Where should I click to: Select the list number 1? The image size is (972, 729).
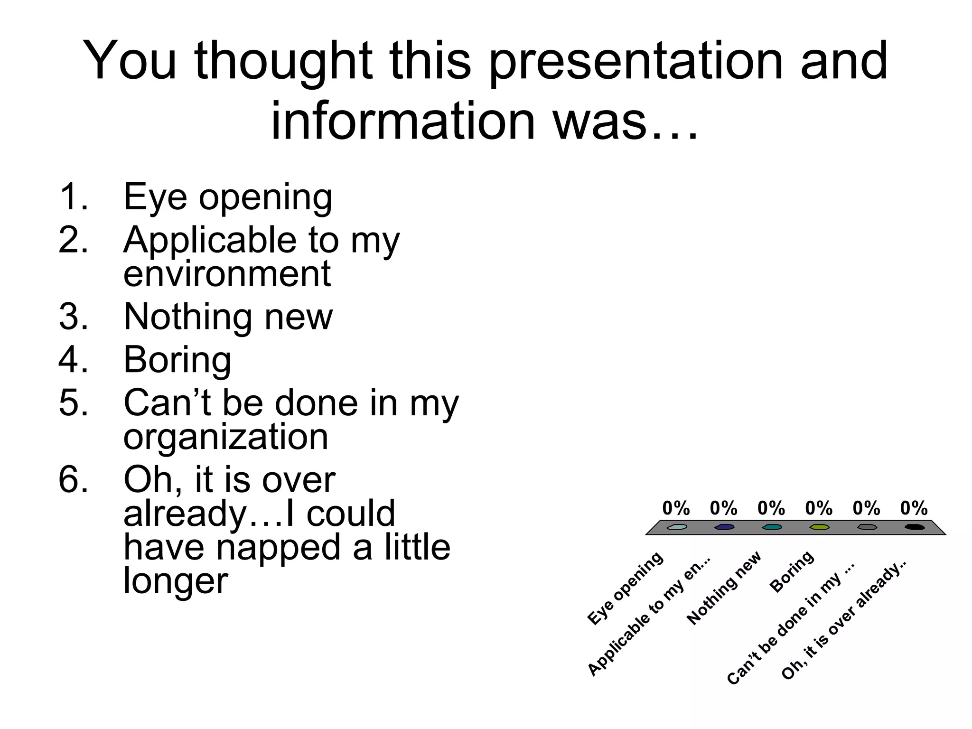click(74, 197)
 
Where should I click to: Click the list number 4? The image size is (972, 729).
click(74, 360)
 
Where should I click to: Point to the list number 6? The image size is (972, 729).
click(74, 479)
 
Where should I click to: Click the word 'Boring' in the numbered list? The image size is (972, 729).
click(177, 360)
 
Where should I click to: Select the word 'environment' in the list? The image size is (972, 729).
click(227, 274)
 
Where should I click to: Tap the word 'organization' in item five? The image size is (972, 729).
click(225, 437)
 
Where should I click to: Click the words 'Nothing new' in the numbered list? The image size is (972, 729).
click(228, 317)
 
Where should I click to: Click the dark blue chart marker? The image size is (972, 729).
click(724, 527)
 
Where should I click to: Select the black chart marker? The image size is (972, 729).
click(915, 527)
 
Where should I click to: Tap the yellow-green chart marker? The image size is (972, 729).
click(820, 527)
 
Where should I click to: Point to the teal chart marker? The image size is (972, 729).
click(772, 527)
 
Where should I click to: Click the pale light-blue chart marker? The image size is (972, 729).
click(676, 527)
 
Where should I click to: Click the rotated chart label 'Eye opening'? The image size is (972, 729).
click(626, 589)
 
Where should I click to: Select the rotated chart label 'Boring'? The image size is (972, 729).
click(792, 571)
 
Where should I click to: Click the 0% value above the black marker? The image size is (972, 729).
click(914, 508)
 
